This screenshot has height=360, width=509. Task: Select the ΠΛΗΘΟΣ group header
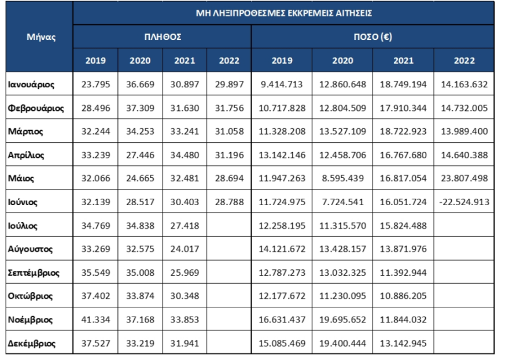point(163,36)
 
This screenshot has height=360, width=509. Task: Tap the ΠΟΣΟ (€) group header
point(373,36)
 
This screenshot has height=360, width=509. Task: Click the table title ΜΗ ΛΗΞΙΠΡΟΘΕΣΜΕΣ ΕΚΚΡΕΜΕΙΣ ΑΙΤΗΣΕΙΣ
point(283,13)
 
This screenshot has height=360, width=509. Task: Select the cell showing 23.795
point(95,84)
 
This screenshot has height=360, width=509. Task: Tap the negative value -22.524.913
point(464,202)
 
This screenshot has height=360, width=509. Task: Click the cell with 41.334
point(95,320)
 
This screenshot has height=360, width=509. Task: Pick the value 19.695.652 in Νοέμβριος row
point(342,320)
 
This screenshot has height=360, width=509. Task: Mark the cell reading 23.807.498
point(464,179)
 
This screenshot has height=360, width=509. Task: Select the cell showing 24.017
point(185,250)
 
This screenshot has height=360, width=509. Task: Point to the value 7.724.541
point(342,202)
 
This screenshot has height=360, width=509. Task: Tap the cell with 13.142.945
point(403,343)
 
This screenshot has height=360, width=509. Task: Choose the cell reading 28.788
point(230,202)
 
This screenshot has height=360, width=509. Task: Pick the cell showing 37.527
point(95,343)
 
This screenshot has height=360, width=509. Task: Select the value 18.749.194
point(403,84)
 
